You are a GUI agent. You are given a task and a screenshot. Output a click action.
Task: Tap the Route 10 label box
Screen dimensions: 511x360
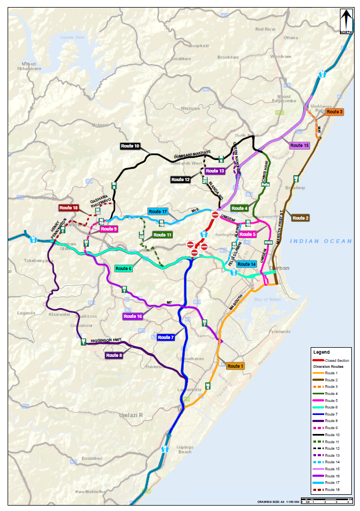pyautogui.click(x=130, y=146)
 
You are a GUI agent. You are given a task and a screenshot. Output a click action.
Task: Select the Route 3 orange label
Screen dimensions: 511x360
pyautogui.click(x=335, y=111)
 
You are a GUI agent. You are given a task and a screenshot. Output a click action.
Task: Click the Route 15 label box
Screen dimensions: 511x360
pyautogui.click(x=299, y=145)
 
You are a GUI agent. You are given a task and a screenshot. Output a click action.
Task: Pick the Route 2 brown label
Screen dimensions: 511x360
pyautogui.click(x=300, y=218)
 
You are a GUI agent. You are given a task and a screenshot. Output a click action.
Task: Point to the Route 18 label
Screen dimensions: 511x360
pyautogui.click(x=69, y=208)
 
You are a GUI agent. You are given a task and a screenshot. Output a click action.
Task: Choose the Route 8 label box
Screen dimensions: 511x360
pyautogui.click(x=114, y=355)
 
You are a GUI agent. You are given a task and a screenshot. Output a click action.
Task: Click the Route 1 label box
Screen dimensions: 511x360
pyautogui.click(x=236, y=366)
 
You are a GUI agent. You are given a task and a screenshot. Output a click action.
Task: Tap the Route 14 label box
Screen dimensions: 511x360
pyautogui.click(x=246, y=264)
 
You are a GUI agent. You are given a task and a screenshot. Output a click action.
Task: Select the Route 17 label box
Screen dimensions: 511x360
pyautogui.click(x=158, y=211)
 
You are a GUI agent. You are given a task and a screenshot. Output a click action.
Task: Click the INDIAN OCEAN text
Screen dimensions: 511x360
pyautogui.click(x=320, y=241)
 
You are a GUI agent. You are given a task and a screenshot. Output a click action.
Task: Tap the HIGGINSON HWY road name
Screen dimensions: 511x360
pyautogui.click(x=108, y=340)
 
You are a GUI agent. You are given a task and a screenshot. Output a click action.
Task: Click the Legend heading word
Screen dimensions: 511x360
pyautogui.click(x=321, y=352)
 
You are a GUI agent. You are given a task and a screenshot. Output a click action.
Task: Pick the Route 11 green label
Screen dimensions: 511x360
pyautogui.click(x=162, y=235)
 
